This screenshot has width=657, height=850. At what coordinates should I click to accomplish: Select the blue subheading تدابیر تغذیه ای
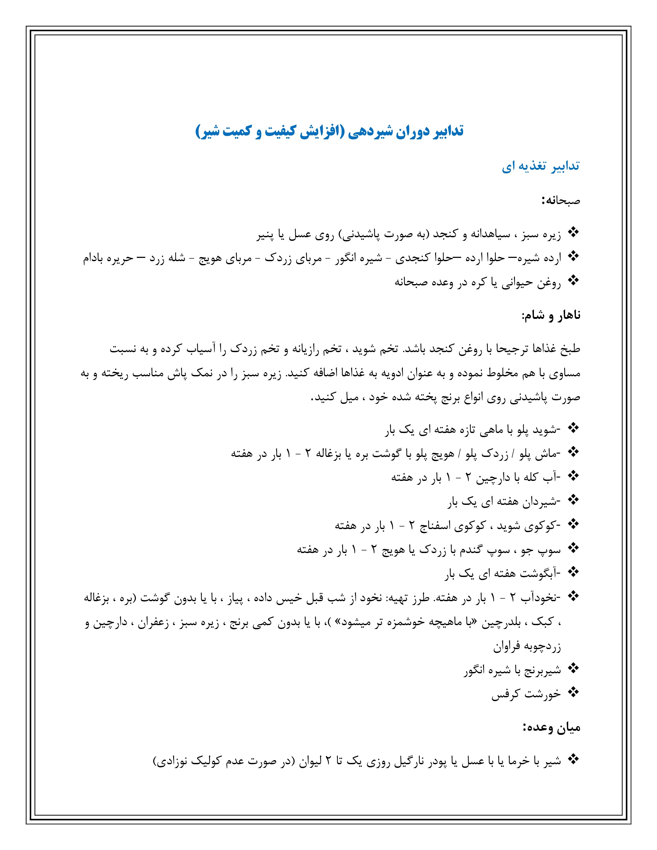(x=541, y=166)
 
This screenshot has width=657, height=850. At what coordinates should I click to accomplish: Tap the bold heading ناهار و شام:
(x=551, y=315)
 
